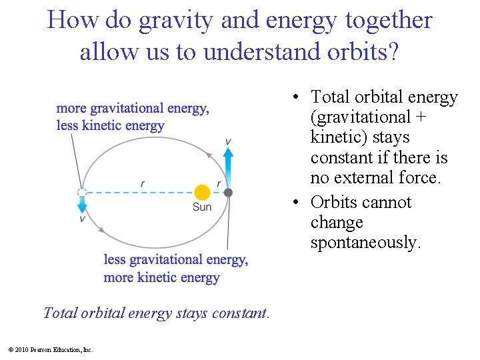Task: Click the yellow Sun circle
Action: (201, 193)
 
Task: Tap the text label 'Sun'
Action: (202, 207)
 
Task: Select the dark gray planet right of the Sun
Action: (228, 193)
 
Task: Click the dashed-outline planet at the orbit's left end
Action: (82, 193)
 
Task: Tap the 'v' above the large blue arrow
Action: (228, 141)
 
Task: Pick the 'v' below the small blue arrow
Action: (82, 219)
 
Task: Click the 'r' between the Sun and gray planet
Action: (219, 183)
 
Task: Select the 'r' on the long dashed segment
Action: (143, 183)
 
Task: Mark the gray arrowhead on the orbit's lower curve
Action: (101, 229)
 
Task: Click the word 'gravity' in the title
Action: (170, 21)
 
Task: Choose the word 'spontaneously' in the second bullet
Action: (365, 243)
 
